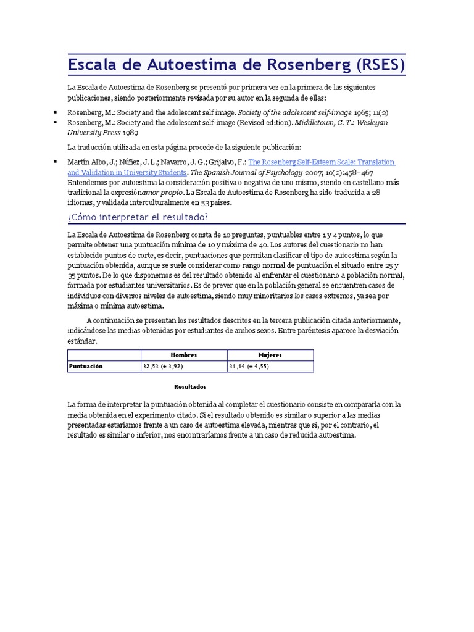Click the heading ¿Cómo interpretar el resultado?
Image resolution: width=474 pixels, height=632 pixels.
point(138,217)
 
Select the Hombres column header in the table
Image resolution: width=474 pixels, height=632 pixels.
point(184,355)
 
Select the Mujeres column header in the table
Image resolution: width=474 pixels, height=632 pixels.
point(270,355)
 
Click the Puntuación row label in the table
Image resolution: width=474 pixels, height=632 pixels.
point(86,366)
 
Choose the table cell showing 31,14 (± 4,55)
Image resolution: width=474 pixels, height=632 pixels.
point(249,366)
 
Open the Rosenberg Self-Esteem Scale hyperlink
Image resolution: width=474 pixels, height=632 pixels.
point(321,162)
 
